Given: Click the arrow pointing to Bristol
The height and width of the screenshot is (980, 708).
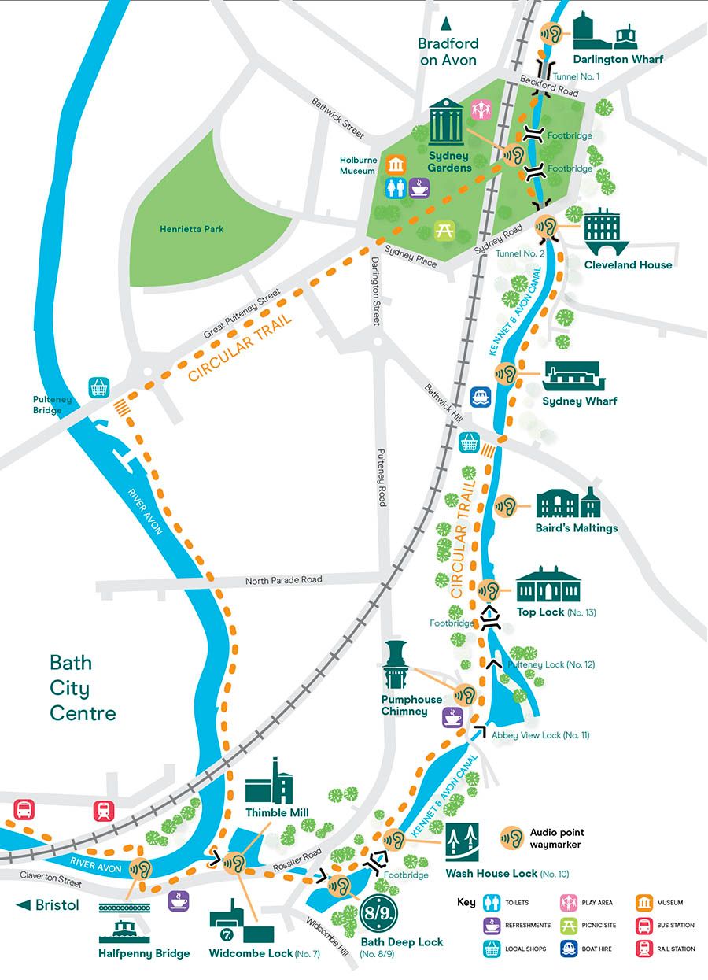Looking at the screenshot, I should (24, 905).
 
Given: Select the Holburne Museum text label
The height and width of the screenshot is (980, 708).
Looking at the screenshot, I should (357, 165).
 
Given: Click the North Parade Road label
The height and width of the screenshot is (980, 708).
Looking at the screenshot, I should (283, 580).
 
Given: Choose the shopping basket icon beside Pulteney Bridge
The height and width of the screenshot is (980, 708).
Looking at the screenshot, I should (100, 387).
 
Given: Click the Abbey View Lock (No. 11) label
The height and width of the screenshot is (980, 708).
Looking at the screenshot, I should (540, 734).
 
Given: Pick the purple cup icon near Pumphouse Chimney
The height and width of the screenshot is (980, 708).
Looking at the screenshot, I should (452, 716).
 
